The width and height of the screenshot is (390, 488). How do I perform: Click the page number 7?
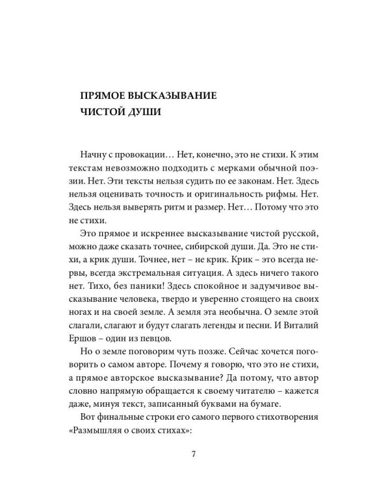[194, 454]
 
